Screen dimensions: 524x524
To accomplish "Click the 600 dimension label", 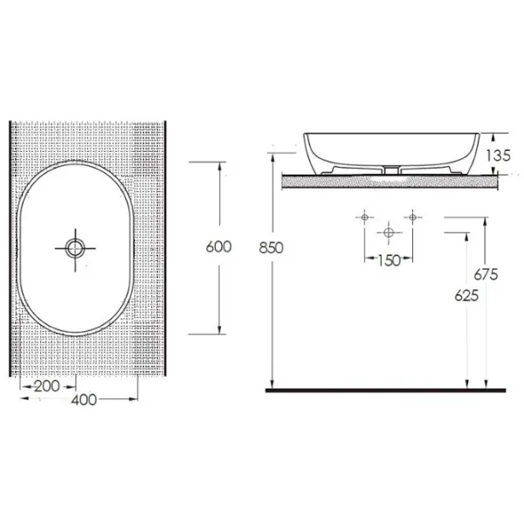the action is point(219,247).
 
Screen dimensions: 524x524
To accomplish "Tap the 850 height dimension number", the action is point(271,248).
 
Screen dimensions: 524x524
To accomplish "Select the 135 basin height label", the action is point(498,155).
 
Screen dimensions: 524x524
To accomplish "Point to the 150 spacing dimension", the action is point(389,260).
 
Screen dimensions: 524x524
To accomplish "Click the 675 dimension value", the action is point(486,274).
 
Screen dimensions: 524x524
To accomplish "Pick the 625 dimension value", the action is point(466,296).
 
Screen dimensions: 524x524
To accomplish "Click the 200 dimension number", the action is point(47,386).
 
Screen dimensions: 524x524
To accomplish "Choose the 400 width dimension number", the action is point(84,400).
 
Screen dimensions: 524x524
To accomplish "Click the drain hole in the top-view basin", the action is point(75,248).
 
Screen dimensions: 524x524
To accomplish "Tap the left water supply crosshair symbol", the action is point(364,217).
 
